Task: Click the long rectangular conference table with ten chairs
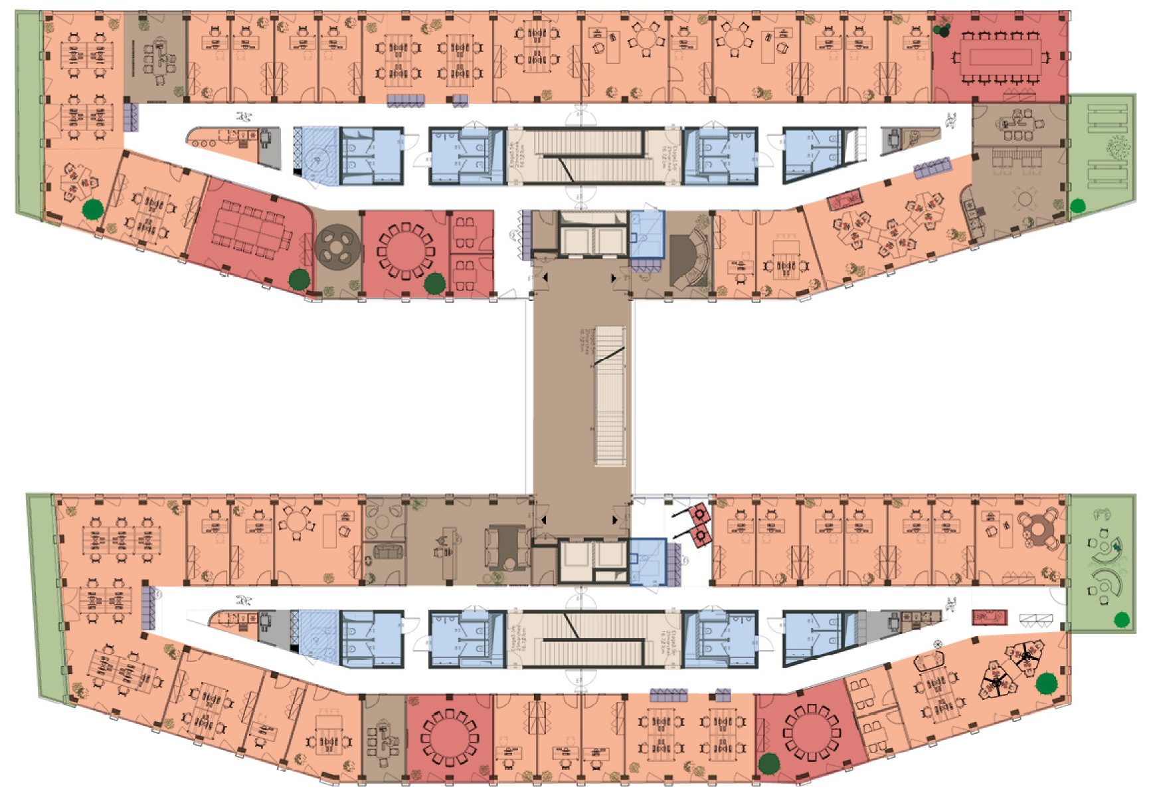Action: pyautogui.click(x=1000, y=58)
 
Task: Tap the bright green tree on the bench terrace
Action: pyautogui.click(x=1078, y=206)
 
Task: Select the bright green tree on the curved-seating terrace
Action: pyautogui.click(x=1122, y=620)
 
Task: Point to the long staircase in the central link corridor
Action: pyautogui.click(x=609, y=396)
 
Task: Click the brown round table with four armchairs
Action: pyautogui.click(x=1039, y=528)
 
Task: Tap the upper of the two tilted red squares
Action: pyautogui.click(x=700, y=514)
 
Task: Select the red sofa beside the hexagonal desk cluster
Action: pyautogui.click(x=844, y=201)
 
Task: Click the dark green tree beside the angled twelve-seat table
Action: pyautogui.click(x=299, y=279)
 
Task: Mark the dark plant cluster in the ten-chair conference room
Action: pyautogui.click(x=942, y=29)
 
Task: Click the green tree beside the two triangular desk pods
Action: pyautogui.click(x=1047, y=683)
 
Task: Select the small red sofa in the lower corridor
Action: pyautogui.click(x=989, y=618)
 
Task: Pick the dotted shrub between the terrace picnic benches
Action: pyautogui.click(x=1118, y=147)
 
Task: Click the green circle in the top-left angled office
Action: pyautogui.click(x=92, y=209)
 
